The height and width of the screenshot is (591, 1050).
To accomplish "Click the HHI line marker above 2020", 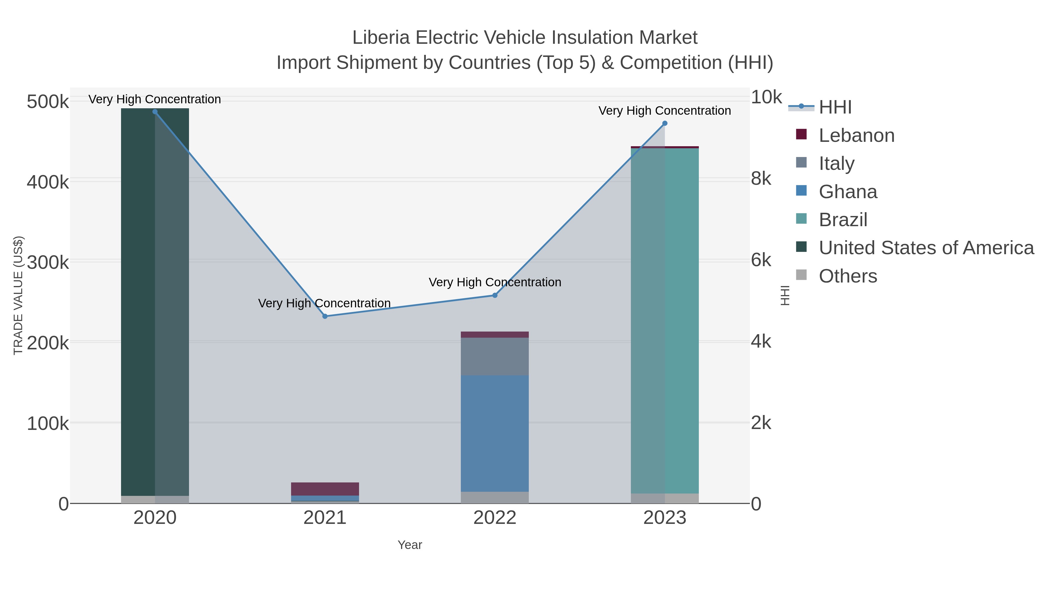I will point(155,112).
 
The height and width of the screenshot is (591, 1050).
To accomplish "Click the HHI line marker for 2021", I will point(325,316).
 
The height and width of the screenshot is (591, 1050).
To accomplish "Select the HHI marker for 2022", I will point(495,295).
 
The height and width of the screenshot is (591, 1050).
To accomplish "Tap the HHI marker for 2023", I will point(665,123).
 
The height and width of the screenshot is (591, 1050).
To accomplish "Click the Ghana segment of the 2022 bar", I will point(495,433).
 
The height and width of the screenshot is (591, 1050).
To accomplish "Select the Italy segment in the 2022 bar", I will point(495,356).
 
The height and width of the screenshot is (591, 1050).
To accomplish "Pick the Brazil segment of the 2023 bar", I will point(665,320).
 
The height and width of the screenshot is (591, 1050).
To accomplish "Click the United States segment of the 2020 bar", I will point(155,302).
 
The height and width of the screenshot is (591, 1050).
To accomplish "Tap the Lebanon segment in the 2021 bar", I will point(325,489).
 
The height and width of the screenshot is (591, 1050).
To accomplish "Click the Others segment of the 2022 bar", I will point(495,497).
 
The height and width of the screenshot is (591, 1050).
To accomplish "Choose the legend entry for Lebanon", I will point(856,135).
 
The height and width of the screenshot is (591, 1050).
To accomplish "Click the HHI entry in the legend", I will point(835,107).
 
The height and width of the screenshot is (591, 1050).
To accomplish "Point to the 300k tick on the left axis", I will point(48,262).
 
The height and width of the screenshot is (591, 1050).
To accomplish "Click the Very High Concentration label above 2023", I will point(664,111).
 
